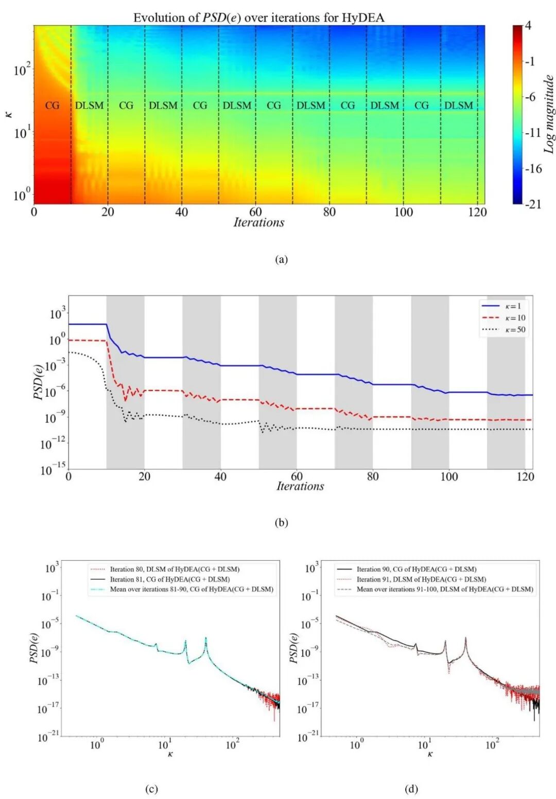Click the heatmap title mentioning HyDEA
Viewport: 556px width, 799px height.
pyautogui.click(x=259, y=18)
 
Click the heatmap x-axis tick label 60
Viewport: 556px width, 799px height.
pyautogui.click(x=256, y=212)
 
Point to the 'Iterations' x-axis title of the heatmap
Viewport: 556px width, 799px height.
pyautogui.click(x=259, y=222)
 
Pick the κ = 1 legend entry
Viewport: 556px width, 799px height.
pyautogui.click(x=503, y=306)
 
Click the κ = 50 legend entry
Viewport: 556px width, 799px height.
pyautogui.click(x=503, y=329)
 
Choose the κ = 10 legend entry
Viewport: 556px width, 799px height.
pyautogui.click(x=503, y=317)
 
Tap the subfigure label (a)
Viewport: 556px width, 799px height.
pyautogui.click(x=281, y=259)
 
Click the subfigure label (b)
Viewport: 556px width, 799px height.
pyautogui.click(x=281, y=523)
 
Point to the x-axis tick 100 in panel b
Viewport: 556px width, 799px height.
pyautogui.click(x=449, y=476)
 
